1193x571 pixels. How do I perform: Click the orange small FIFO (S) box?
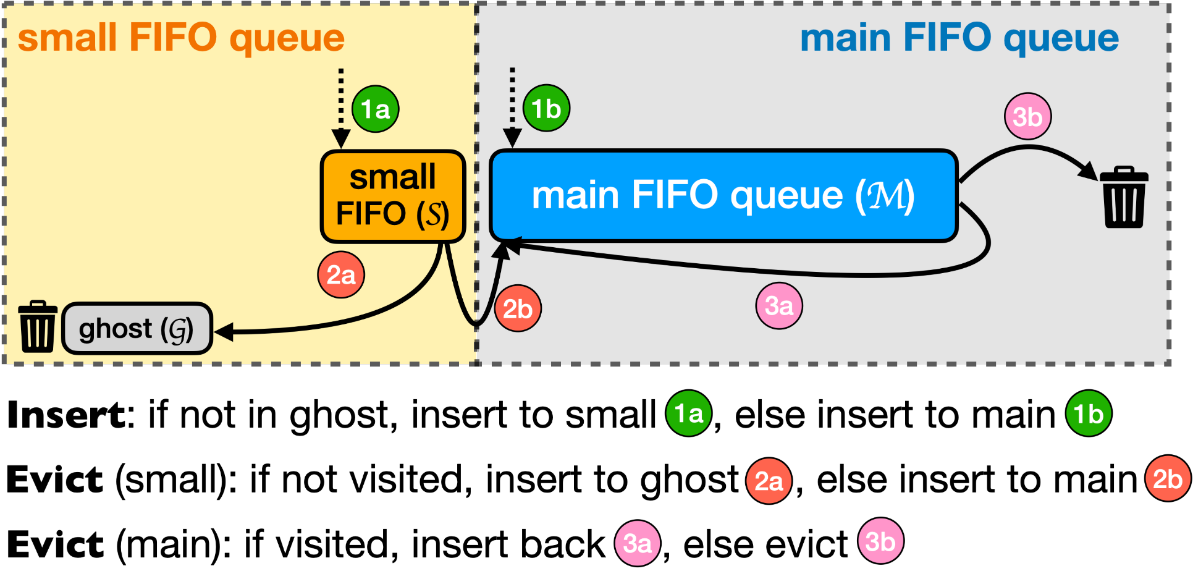(393, 196)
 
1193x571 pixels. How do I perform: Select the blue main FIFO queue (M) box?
(723, 195)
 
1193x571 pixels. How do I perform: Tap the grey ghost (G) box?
(137, 328)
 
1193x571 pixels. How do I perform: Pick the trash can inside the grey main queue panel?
(1124, 197)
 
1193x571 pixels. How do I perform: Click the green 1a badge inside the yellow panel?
(376, 109)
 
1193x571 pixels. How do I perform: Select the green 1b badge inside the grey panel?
(546, 109)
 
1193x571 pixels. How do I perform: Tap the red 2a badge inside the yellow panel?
(341, 274)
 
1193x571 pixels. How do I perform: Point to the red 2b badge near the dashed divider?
(518, 308)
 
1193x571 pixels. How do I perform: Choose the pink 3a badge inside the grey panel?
(779, 305)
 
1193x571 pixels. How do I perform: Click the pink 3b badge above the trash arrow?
(1027, 116)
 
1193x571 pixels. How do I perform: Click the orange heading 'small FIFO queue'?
(181, 38)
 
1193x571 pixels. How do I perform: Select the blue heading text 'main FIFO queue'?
(959, 38)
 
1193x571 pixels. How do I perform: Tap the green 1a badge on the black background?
(688, 413)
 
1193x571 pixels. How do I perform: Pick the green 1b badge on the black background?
(1089, 413)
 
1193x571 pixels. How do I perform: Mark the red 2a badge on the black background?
(769, 481)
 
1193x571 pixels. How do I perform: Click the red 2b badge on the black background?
(1168, 478)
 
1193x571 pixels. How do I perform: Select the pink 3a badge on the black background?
(638, 543)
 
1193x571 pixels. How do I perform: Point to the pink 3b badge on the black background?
(880, 541)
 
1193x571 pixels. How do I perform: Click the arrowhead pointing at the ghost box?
(222, 332)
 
